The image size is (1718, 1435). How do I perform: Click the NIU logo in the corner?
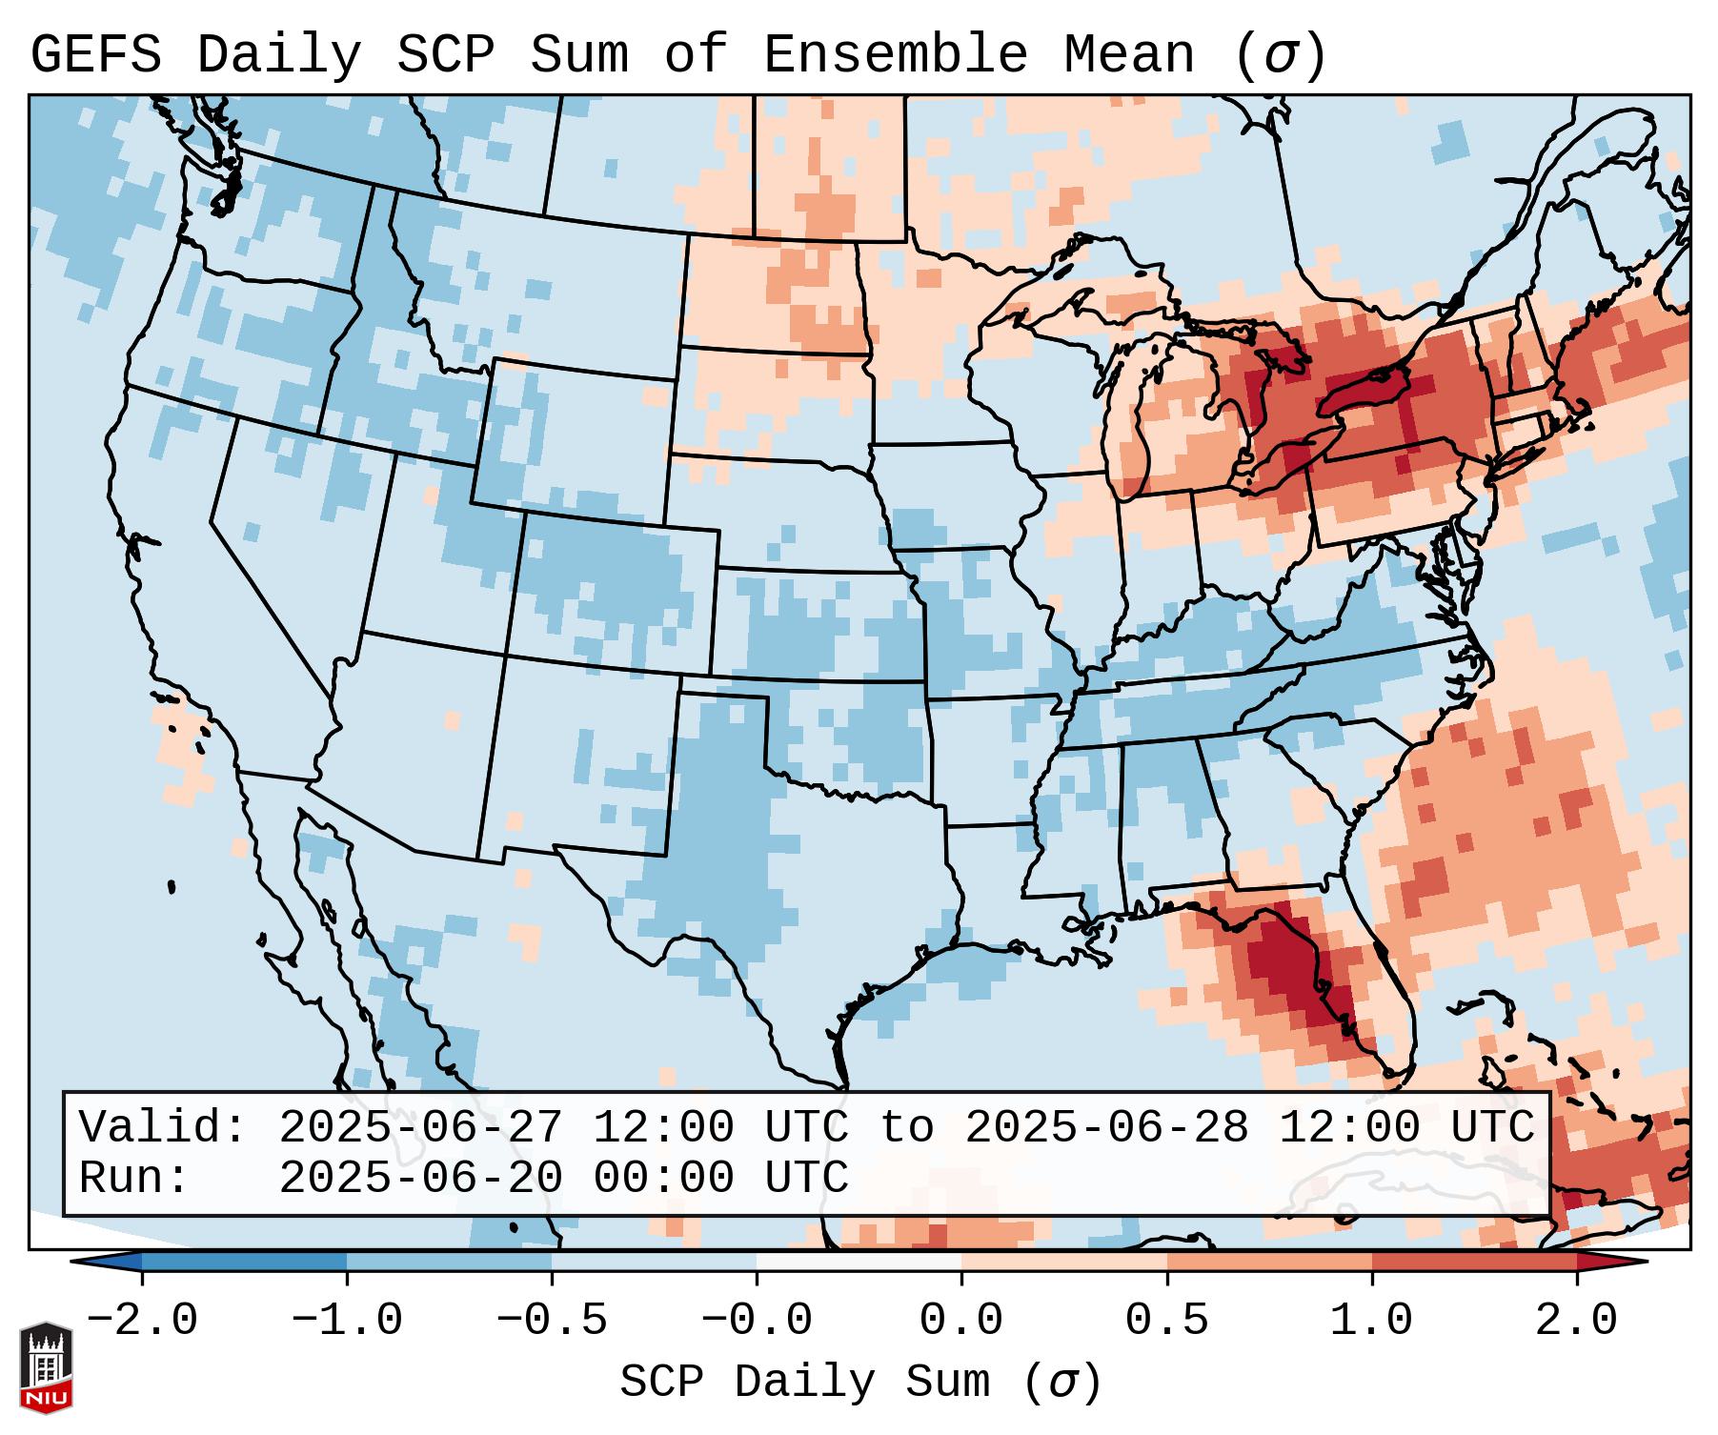pyautogui.click(x=46, y=1367)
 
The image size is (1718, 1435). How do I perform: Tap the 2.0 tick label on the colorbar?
pyautogui.click(x=1576, y=1321)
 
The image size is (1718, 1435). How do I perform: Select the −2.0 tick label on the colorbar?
pyautogui.click(x=142, y=1321)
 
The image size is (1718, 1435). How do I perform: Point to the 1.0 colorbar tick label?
pyautogui.click(x=1371, y=1321)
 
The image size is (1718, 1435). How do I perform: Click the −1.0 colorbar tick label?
pyautogui.click(x=347, y=1321)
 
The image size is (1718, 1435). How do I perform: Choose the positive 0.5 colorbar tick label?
pyautogui.click(x=1166, y=1321)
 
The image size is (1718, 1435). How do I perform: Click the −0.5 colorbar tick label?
pyautogui.click(x=552, y=1321)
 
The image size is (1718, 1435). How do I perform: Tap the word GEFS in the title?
pyautogui.click(x=95, y=54)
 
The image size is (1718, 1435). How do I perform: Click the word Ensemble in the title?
pyautogui.click(x=895, y=54)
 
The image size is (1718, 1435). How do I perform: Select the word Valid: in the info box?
pyautogui.click(x=163, y=1127)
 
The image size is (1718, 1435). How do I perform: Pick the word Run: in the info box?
pyautogui.click(x=134, y=1178)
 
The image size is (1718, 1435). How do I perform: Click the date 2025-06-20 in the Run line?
pyautogui.click(x=420, y=1178)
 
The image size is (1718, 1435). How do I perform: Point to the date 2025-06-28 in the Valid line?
pyautogui.click(x=1106, y=1127)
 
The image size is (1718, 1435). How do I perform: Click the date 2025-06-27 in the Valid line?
pyautogui.click(x=420, y=1127)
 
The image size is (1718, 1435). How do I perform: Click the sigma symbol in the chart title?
pyautogui.click(x=1280, y=54)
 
